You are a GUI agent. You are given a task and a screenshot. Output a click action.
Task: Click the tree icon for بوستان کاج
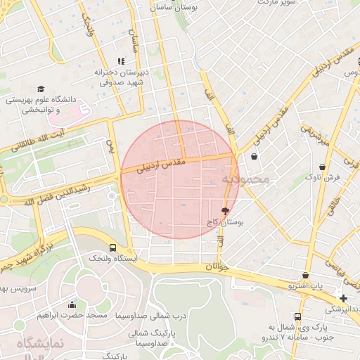click(x=225, y=210)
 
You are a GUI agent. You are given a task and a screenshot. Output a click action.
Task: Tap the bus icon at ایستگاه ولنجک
click(x=113, y=247)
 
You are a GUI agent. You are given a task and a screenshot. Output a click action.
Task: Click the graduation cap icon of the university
click(x=41, y=89)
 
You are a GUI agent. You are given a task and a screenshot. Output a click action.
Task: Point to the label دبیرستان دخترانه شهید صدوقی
click(x=120, y=77)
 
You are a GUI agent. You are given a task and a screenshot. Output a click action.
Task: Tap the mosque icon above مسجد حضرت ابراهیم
click(x=72, y=304)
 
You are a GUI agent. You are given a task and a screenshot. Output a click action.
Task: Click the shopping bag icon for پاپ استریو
click(x=305, y=275)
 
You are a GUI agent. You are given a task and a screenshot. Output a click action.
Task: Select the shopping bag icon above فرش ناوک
click(x=322, y=167)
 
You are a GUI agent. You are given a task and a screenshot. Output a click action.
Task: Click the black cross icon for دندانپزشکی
click(x=342, y=298)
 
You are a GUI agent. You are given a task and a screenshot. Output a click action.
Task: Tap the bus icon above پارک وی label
click(x=297, y=316)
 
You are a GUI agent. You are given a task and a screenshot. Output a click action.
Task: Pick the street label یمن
click(x=110, y=147)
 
